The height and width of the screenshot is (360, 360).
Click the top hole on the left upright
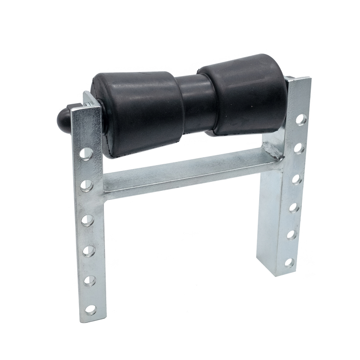click(85, 153)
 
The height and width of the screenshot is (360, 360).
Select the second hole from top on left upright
click(86, 185)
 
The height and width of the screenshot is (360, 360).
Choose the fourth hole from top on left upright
click(89, 251)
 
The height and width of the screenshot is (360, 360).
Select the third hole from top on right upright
click(296, 179)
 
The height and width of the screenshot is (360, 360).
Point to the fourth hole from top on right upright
click(294, 207)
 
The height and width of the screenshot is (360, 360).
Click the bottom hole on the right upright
click(289, 262)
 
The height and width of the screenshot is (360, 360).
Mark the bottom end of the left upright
click(92, 319)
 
